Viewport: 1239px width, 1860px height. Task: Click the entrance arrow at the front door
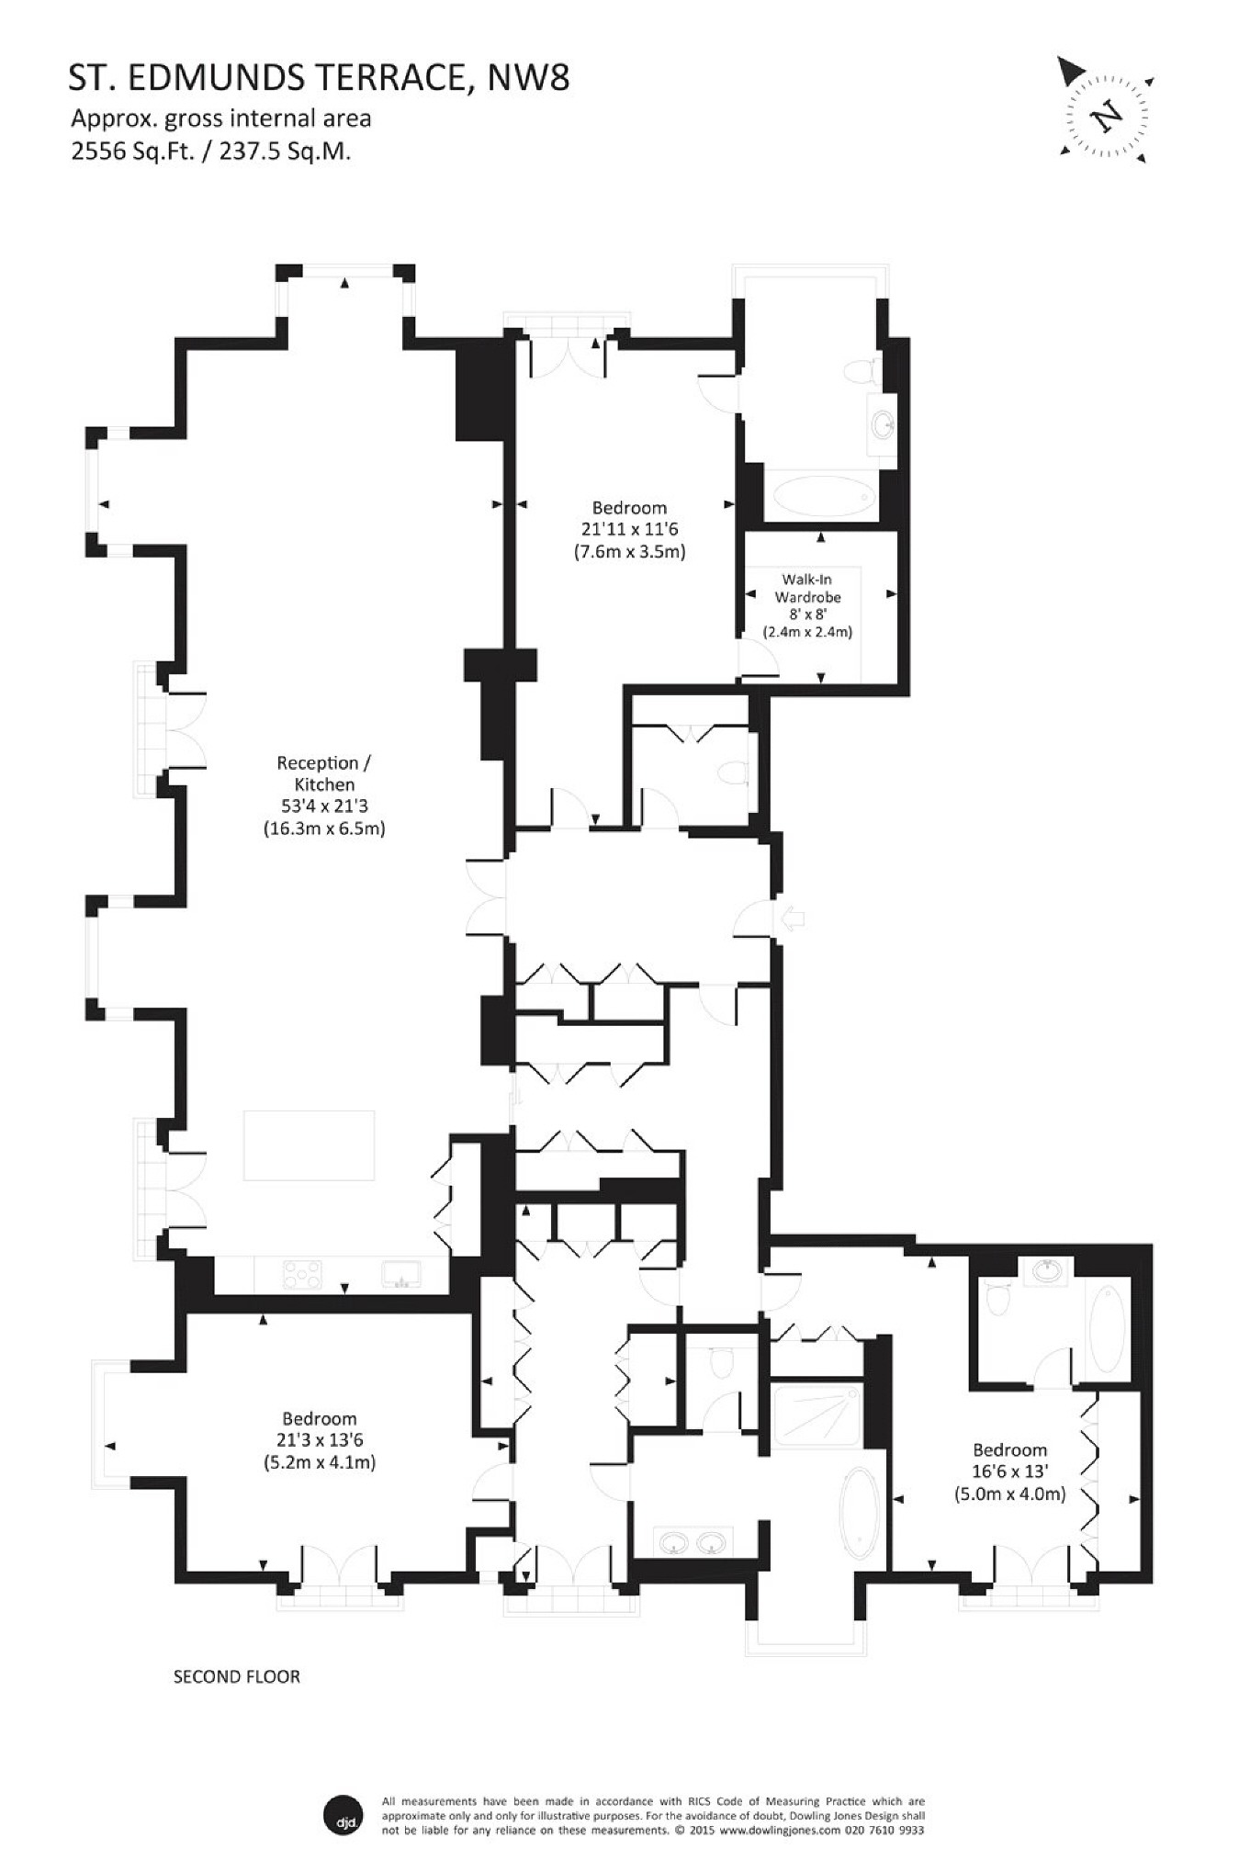(x=792, y=918)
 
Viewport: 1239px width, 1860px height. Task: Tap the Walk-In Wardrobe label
(x=807, y=589)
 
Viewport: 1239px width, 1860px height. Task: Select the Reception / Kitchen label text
(x=324, y=773)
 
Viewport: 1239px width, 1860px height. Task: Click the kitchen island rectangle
(x=309, y=1145)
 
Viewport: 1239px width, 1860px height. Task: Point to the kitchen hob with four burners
(x=302, y=1274)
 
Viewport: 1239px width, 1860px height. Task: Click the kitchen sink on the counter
(x=400, y=1274)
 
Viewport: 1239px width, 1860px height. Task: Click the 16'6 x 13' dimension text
(x=1009, y=1471)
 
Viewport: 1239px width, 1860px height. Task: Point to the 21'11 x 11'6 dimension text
(x=629, y=529)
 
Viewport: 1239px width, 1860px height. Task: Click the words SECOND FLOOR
(x=237, y=1676)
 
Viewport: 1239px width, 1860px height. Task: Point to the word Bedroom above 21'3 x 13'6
(x=319, y=1419)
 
